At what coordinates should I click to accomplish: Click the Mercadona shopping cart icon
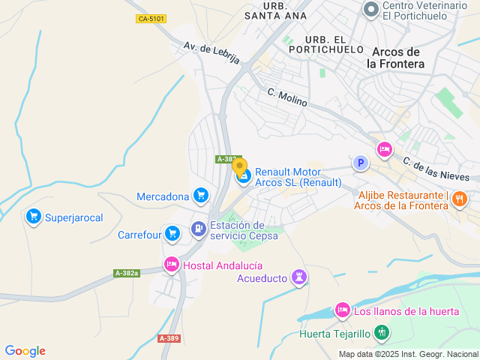[x=200, y=196]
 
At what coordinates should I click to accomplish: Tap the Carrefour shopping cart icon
[x=173, y=234]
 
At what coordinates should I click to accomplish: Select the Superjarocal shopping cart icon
[x=33, y=217]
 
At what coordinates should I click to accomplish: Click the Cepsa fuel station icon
[x=198, y=229]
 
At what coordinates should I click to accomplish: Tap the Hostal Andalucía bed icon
[x=172, y=264]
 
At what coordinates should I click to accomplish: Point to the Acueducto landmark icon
[x=300, y=278]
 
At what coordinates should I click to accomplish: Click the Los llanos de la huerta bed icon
[x=342, y=310]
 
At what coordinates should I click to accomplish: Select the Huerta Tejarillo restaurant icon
[x=381, y=331]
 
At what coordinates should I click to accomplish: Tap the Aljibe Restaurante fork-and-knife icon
[x=460, y=199]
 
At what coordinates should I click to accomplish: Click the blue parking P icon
[x=361, y=163]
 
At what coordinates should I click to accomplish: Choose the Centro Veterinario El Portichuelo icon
[x=370, y=9]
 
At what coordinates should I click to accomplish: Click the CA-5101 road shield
[x=151, y=19]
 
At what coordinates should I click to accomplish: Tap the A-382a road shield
[x=127, y=273]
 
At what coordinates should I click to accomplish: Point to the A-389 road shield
[x=169, y=339]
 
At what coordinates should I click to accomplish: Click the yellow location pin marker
[x=239, y=166]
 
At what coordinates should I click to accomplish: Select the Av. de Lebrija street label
[x=211, y=52]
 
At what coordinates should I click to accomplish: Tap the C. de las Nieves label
[x=436, y=169]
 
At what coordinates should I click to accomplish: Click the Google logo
[x=25, y=350]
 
